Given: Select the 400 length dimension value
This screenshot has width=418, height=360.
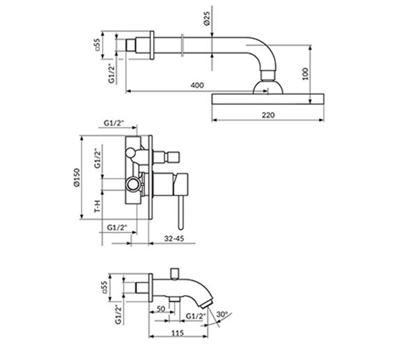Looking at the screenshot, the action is coord(197,85).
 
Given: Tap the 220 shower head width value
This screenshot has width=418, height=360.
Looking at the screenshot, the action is coord(268,115).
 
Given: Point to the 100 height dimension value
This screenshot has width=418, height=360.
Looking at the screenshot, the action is coord(306,74).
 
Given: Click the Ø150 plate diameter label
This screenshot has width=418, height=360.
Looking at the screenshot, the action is coord(77,177).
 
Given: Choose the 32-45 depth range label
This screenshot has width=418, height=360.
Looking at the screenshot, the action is coord(174,238).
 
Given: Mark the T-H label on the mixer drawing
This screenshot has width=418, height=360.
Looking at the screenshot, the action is coord(98,205).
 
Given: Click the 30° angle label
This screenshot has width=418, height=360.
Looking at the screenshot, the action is coord(222,314).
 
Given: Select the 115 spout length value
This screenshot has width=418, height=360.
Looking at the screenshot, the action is coord(178,333).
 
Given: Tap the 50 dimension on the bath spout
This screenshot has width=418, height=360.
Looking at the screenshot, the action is coord(161,309).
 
